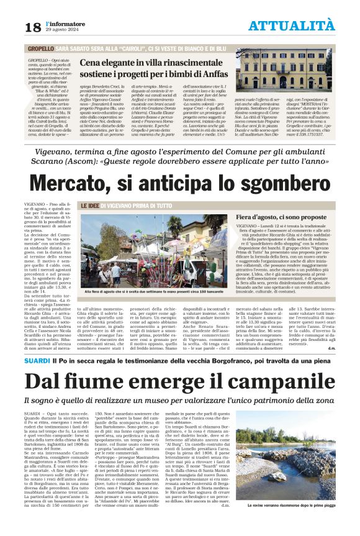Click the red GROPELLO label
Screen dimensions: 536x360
coord(40,47)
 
